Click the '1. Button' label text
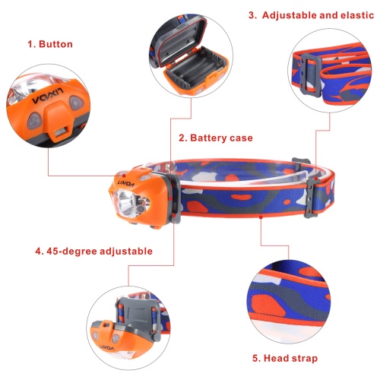tap(50, 44)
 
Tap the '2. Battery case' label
tap(216, 138)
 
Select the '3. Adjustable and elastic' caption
tap(311, 15)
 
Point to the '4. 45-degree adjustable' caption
tap(94, 252)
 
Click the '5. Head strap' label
tap(285, 358)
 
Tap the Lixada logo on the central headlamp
tap(126, 184)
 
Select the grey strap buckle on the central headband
tap(312, 199)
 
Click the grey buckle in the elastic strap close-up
tap(309, 75)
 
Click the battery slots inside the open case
tap(196, 66)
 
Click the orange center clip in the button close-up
tap(59, 119)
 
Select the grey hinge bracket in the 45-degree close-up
tap(138, 313)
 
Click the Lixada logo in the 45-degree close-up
tap(106, 348)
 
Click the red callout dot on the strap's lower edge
tap(261, 217)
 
